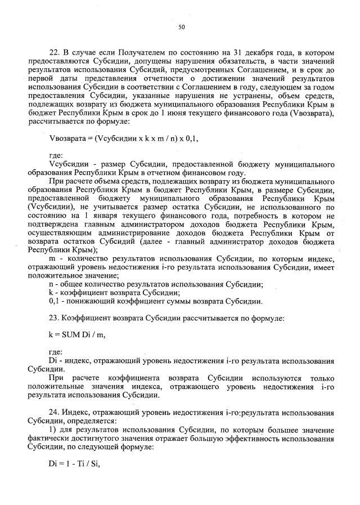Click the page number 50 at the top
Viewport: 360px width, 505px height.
click(x=181, y=26)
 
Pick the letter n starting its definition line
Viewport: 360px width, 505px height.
click(x=52, y=284)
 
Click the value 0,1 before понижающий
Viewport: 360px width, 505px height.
click(x=55, y=301)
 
